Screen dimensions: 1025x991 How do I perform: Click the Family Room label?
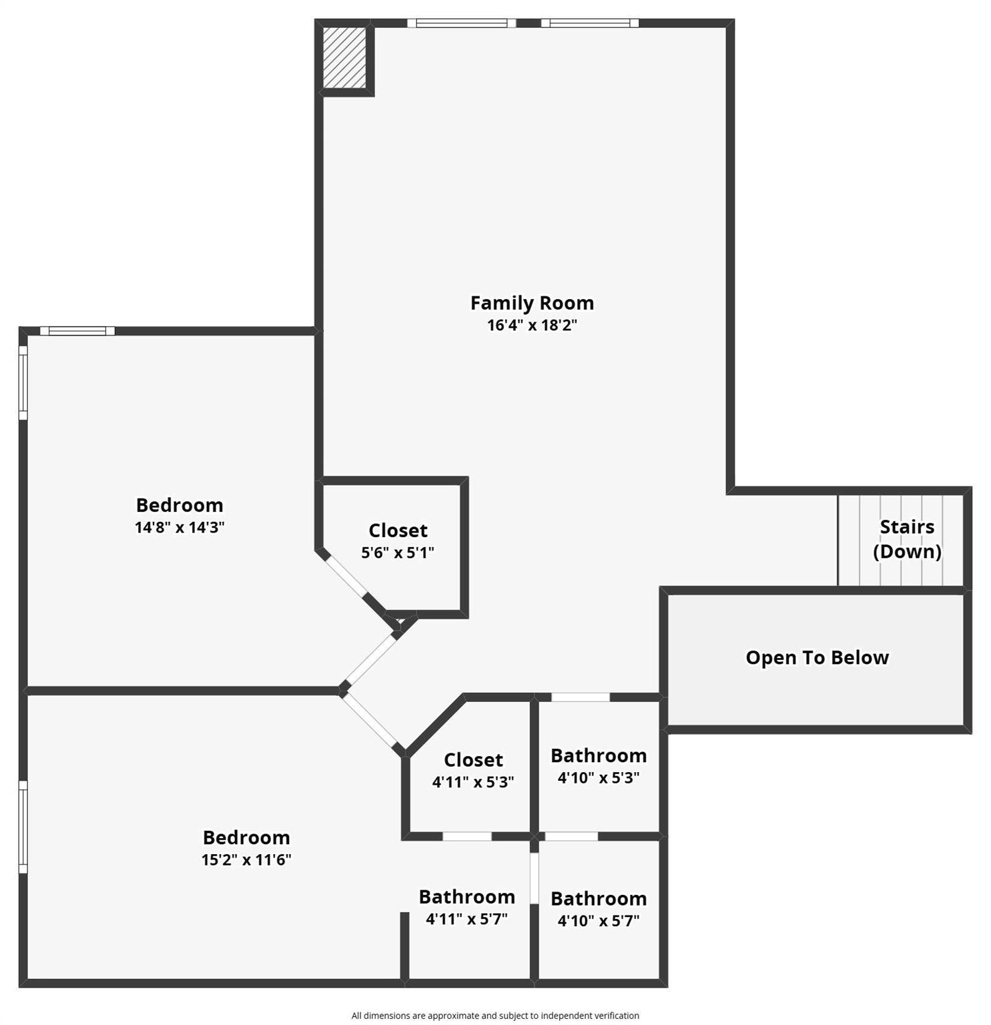tap(531, 303)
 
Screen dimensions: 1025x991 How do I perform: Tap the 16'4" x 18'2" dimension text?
tap(531, 326)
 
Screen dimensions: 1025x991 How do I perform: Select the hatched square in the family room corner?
tap(344, 57)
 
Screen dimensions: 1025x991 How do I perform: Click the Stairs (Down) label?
tap(906, 539)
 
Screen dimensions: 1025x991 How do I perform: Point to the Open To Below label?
tap(817, 658)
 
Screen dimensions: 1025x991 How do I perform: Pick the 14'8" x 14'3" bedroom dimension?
tap(179, 528)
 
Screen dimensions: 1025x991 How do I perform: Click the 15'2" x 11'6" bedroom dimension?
tap(246, 860)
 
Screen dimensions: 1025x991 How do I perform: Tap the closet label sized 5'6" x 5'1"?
tap(398, 531)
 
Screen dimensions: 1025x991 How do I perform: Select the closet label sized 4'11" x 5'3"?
tap(473, 760)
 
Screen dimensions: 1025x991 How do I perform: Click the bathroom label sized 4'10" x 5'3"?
tap(598, 756)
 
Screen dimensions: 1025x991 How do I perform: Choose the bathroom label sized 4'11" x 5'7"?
tap(466, 897)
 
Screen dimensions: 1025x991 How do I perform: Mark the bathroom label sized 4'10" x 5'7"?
tap(598, 899)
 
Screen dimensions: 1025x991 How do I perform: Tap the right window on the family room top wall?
tap(589, 23)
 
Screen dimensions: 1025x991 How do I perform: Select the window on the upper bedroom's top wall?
tap(77, 331)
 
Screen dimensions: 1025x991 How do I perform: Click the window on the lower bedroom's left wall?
tap(23, 827)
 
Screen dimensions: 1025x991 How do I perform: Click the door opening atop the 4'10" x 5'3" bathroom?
tap(580, 697)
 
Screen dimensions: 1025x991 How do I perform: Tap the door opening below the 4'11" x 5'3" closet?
tap(467, 836)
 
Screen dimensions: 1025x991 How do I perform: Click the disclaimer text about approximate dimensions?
tap(495, 1015)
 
